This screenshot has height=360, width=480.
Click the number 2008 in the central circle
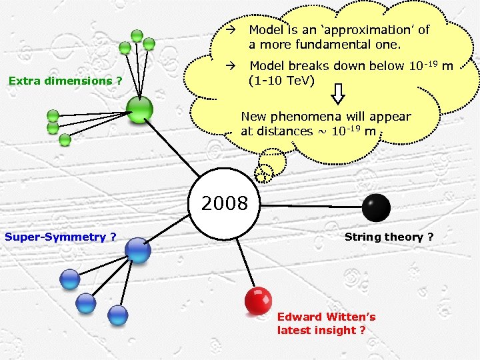tap(224, 203)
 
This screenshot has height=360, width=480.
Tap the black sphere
tap(376, 207)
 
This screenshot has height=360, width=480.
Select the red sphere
tap(257, 301)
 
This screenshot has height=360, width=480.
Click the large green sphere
tap(140, 109)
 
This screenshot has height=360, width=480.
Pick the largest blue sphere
tap(139, 250)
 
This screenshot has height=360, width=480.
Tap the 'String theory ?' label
tap(389, 237)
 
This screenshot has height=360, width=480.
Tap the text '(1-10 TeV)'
tap(280, 81)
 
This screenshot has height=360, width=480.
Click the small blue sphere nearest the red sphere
tap(117, 315)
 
